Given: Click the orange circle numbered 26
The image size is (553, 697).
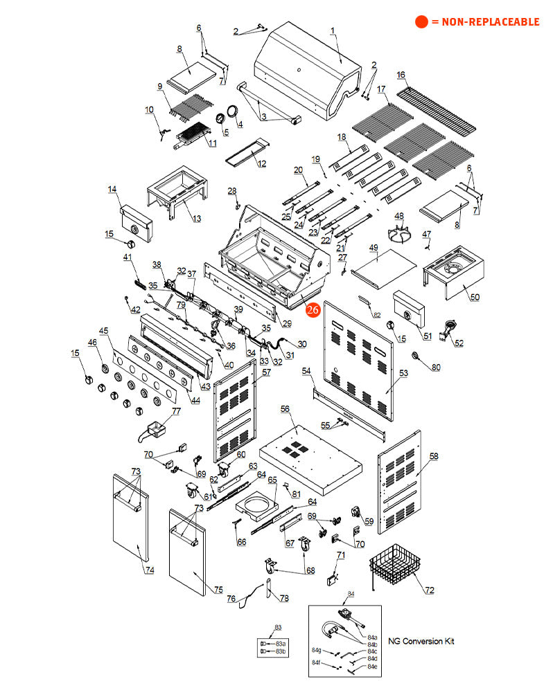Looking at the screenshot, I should pyautogui.click(x=313, y=309).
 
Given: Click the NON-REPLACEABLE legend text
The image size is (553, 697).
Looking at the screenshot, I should pyautogui.click(x=484, y=22).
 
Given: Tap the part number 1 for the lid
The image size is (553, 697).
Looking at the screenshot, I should pyautogui.click(x=332, y=30).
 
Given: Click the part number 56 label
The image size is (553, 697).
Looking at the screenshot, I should pyautogui.click(x=284, y=409).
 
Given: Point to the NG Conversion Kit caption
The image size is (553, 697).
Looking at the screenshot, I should pyautogui.click(x=421, y=641).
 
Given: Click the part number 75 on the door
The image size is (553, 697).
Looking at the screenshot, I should pyautogui.click(x=218, y=590).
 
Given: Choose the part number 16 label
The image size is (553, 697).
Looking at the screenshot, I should pyautogui.click(x=401, y=75).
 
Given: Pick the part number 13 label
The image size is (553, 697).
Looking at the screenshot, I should pyautogui.click(x=196, y=219).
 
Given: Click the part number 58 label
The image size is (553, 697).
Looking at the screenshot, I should pyautogui.click(x=434, y=456).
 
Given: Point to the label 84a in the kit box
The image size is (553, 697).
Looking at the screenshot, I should pyautogui.click(x=373, y=637).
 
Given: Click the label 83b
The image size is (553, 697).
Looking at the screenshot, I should pyautogui.click(x=281, y=651).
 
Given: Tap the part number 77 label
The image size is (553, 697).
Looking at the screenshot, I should pyautogui.click(x=176, y=411).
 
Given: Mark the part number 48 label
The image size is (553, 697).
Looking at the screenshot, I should pyautogui.click(x=398, y=215).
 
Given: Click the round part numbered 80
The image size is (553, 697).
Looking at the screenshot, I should pyautogui.click(x=417, y=355).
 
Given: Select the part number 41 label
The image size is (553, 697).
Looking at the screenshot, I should pyautogui.click(x=128, y=257).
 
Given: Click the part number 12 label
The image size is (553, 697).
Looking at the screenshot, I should pyautogui.click(x=261, y=163).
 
